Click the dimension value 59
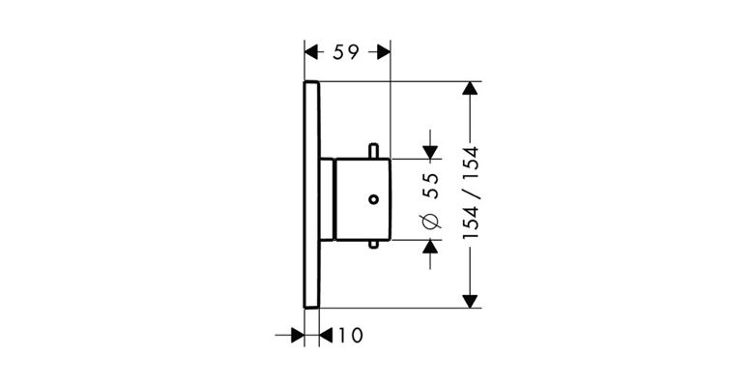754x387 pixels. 347,54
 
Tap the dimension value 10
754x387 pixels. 349,335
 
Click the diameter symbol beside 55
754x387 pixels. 431,223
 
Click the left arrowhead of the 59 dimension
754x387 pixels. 311,54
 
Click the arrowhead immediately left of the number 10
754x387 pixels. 326,335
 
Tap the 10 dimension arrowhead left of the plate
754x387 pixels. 297,335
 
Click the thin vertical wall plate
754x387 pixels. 311,193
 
